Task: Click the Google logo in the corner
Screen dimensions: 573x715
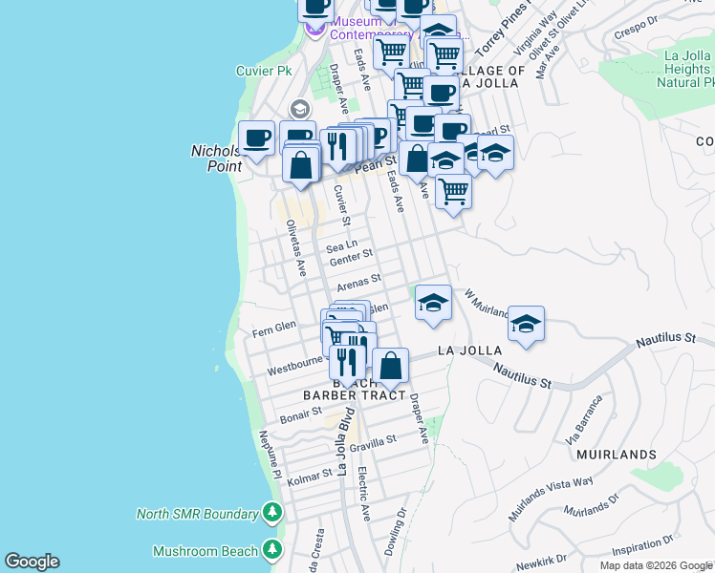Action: point(32,562)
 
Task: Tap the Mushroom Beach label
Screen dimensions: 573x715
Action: point(206,551)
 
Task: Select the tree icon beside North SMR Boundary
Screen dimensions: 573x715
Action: point(272,514)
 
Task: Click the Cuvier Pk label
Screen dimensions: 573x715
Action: point(264,71)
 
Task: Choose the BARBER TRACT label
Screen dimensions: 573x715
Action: point(342,394)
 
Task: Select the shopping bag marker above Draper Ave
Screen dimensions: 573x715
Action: point(390,365)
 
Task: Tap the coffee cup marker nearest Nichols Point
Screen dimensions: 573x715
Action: point(256,138)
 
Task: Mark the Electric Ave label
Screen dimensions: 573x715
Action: point(363,493)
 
